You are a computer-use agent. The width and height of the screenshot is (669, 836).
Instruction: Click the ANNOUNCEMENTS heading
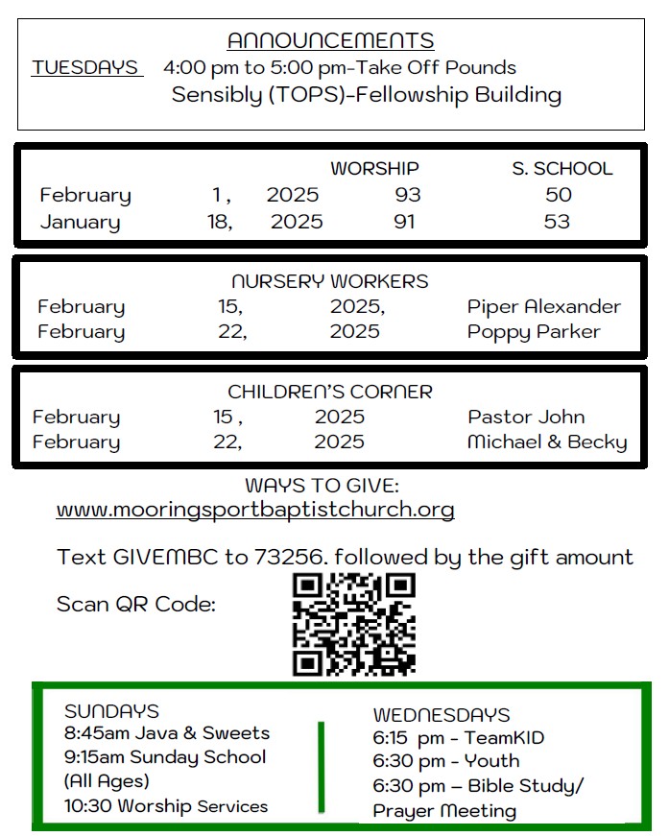(x=330, y=40)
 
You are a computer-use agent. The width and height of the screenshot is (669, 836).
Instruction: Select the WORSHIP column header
(x=374, y=169)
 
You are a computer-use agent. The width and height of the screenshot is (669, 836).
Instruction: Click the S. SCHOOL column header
(x=561, y=169)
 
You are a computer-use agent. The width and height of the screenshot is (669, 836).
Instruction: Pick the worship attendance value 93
(x=408, y=195)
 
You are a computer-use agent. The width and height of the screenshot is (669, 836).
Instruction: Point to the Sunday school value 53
(x=557, y=222)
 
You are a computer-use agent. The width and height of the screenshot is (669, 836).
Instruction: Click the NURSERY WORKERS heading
(x=330, y=282)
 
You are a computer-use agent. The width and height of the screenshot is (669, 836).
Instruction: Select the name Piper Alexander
(x=543, y=307)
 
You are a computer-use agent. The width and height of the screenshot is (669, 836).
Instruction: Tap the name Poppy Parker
(x=534, y=332)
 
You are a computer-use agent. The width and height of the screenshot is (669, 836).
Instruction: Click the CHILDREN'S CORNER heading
(x=330, y=392)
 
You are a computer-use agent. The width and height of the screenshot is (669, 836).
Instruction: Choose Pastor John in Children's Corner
(x=526, y=418)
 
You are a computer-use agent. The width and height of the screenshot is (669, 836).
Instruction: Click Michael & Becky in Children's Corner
(x=547, y=442)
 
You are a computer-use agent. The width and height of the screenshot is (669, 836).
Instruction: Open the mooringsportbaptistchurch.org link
(x=255, y=509)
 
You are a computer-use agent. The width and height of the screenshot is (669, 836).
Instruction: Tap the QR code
(x=353, y=624)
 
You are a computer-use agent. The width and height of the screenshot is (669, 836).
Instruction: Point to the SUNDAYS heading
(x=111, y=711)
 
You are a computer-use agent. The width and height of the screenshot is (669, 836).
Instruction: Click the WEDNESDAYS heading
(x=442, y=715)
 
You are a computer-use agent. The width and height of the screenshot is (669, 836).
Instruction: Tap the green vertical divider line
(x=322, y=765)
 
